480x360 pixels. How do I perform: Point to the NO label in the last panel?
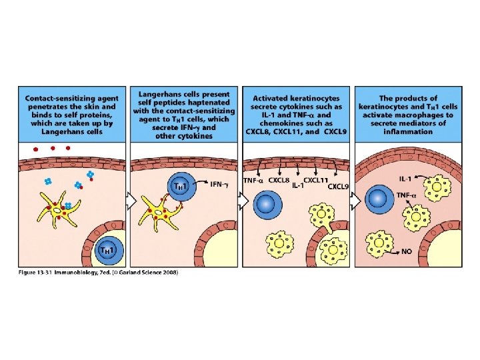coord(405,252)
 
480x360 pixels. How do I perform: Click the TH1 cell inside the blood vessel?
coord(108,249)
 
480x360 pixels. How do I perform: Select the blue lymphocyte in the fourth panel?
coord(378,199)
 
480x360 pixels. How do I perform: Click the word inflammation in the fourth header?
coord(408,131)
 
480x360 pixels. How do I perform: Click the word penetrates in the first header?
coord(51,106)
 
